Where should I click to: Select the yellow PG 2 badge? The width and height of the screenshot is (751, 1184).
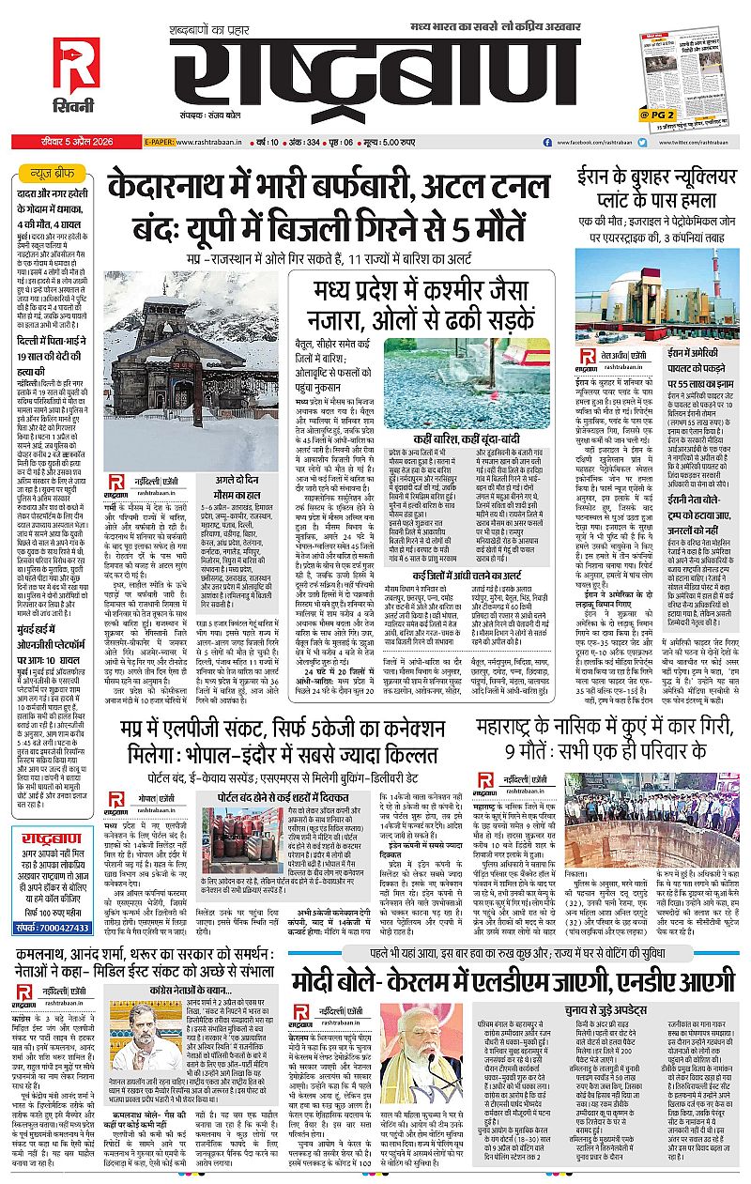[657, 115]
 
